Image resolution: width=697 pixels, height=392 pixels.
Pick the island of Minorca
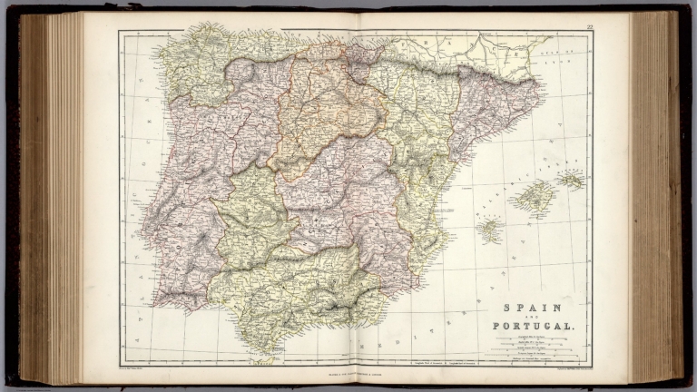(x=571, y=180)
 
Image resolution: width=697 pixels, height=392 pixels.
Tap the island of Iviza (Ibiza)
(x=489, y=230)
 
